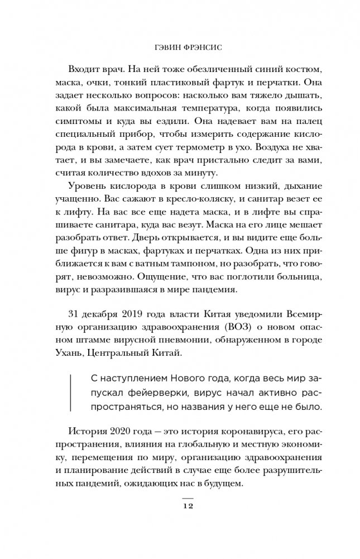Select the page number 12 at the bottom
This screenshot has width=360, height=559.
[188, 505]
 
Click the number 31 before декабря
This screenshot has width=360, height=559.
[74, 313]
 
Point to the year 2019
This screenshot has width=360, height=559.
[130, 313]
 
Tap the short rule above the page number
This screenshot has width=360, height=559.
[188, 496]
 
